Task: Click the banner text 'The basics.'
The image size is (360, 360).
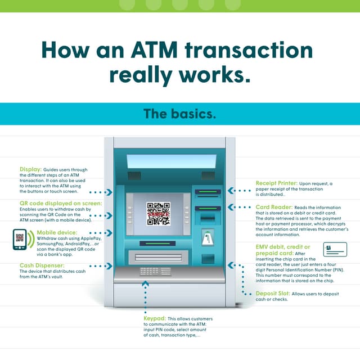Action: click(179, 114)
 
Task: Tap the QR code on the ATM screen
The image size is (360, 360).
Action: click(158, 213)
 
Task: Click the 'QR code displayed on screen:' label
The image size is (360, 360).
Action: click(61, 202)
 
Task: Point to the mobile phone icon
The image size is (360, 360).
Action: click(20, 238)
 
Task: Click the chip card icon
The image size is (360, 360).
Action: click(335, 249)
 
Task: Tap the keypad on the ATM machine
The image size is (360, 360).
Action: click(155, 271)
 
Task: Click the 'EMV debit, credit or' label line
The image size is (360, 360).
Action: click(283, 247)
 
